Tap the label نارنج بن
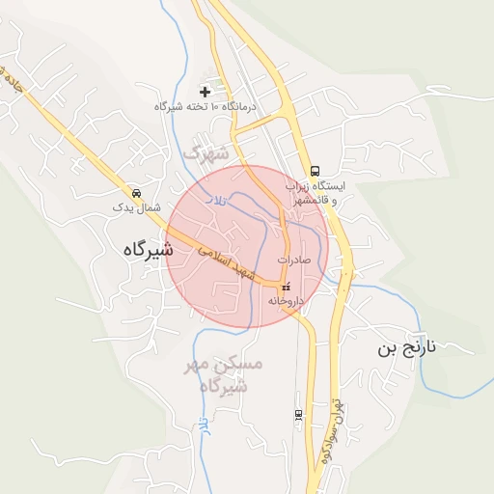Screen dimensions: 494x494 click(x=407, y=348)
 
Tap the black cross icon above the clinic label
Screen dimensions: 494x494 click(x=205, y=92)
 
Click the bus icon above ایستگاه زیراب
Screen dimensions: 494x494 click(x=316, y=170)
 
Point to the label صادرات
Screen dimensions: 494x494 click(x=295, y=261)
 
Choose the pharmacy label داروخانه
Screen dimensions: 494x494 click(x=286, y=301)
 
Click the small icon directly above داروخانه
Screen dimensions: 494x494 click(x=285, y=287)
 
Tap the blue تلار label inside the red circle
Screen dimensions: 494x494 click(x=221, y=198)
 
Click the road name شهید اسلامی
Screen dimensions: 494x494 click(x=229, y=262)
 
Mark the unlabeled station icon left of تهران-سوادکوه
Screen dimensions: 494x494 click(x=298, y=414)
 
